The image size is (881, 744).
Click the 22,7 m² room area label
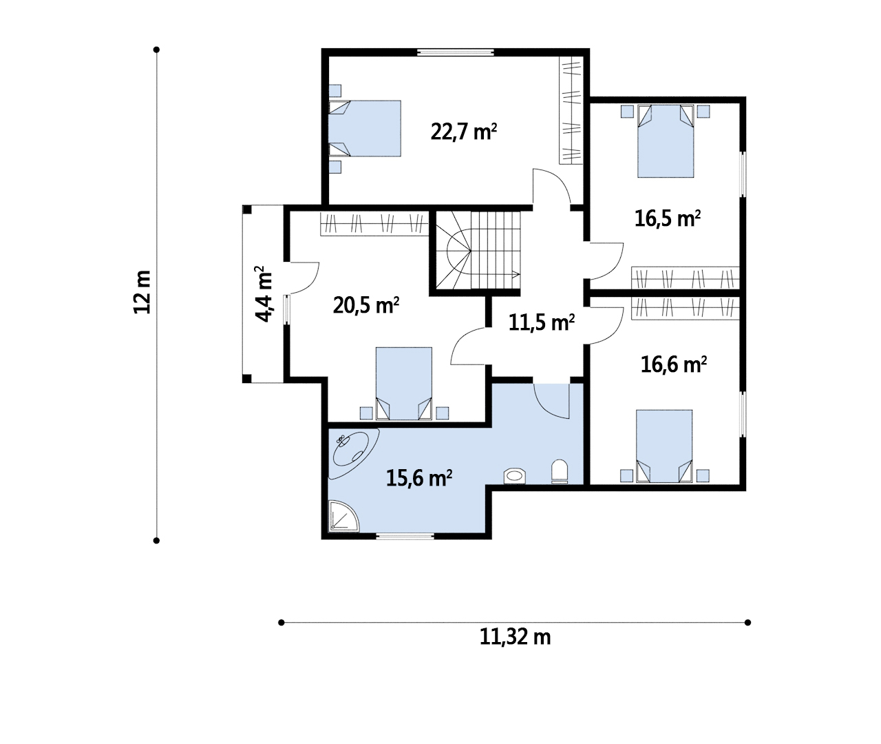click(463, 132)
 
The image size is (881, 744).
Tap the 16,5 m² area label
click(668, 219)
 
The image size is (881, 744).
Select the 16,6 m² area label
click(674, 364)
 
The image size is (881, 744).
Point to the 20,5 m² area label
click(366, 305)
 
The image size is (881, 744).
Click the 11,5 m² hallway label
click(542, 322)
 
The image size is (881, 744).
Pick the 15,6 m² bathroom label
click(419, 478)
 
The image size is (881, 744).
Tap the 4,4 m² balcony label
click(264, 294)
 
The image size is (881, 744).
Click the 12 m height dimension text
click(142, 292)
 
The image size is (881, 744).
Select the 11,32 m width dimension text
click(516, 637)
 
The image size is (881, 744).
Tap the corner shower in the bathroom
click(343, 516)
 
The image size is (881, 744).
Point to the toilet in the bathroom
click(560, 471)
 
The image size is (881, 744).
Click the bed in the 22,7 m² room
click(365, 128)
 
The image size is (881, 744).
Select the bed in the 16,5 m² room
click(666, 141)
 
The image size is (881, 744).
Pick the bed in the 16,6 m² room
click(664, 446)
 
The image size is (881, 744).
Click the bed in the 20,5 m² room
click(404, 384)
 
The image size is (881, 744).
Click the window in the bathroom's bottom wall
click(405, 536)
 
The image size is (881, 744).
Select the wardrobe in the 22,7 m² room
click(571, 110)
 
